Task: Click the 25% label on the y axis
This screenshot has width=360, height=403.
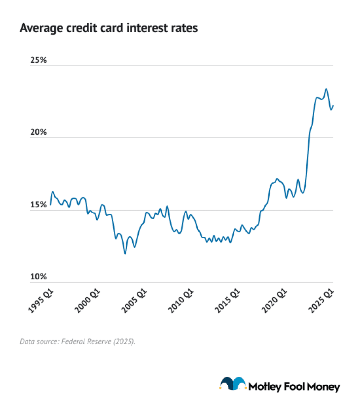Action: click(x=39, y=60)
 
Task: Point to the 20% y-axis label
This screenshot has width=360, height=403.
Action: click(x=39, y=132)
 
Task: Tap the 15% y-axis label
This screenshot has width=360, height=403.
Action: click(x=39, y=204)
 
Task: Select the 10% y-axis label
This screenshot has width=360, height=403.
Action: click(x=39, y=276)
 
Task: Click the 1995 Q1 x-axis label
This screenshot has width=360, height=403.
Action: click(x=41, y=301)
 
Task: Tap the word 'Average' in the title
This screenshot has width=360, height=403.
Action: click(x=41, y=28)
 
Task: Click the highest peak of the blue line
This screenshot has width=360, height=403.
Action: click(x=326, y=89)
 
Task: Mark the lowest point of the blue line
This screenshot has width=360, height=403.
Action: click(x=125, y=253)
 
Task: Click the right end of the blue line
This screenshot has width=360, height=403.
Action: click(x=333, y=106)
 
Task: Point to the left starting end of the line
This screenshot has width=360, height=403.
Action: click(x=51, y=205)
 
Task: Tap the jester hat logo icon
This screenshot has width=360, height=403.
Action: click(x=233, y=383)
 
